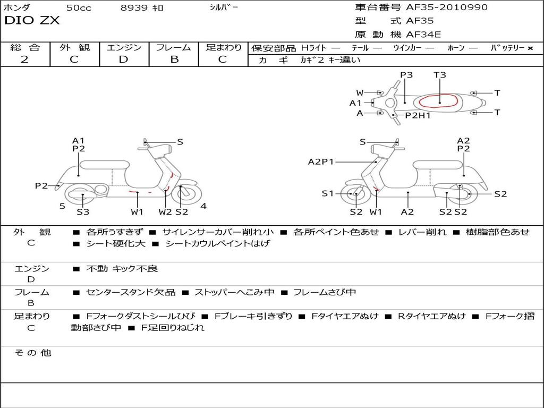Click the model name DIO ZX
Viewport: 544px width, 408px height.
(x=32, y=21)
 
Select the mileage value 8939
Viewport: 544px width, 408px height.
(x=134, y=8)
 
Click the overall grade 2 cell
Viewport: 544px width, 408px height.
(x=24, y=59)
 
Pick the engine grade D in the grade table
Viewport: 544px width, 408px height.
(x=123, y=59)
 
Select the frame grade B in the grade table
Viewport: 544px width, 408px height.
(x=174, y=59)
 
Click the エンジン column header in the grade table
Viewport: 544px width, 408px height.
(x=124, y=48)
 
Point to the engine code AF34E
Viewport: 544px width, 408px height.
(x=423, y=35)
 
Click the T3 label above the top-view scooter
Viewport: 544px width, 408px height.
(x=439, y=75)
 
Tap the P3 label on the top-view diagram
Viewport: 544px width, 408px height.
(x=406, y=75)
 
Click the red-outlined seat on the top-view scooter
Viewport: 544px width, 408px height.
(x=439, y=100)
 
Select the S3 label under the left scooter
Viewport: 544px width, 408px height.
(x=83, y=212)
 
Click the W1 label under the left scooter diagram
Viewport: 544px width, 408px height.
(x=137, y=212)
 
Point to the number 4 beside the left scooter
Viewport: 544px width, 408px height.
(x=203, y=206)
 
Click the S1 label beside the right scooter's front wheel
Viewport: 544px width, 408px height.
(x=328, y=193)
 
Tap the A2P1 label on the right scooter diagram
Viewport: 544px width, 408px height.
(x=321, y=161)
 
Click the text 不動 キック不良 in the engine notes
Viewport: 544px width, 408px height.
(x=122, y=269)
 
